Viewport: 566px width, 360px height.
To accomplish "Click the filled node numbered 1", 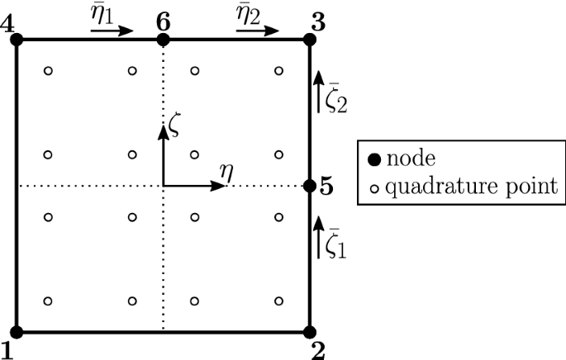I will (x=17, y=332).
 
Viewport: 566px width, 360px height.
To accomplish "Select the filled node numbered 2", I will (x=310, y=332).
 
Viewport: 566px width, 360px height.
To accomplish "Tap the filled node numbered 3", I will (x=310, y=40).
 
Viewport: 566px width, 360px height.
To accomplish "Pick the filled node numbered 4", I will (x=17, y=40).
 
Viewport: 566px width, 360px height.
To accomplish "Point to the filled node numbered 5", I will (x=310, y=186).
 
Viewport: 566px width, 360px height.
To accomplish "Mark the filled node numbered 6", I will (x=164, y=40).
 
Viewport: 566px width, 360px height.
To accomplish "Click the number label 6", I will (x=164, y=19).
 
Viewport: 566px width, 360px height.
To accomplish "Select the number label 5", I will (x=326, y=187).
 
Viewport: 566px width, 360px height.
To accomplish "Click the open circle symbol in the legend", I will (x=371, y=188).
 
